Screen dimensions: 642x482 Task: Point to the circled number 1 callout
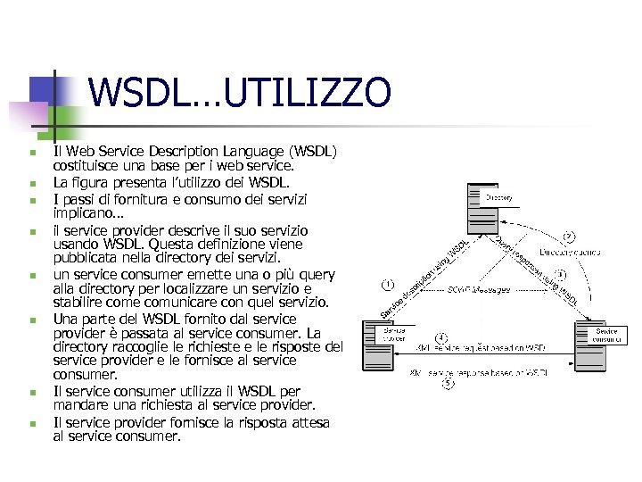pos(388,285)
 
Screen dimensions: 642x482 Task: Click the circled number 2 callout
pos(568,237)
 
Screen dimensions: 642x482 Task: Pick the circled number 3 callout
pos(560,274)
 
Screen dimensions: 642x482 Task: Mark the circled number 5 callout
pos(449,384)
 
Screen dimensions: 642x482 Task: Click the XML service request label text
pos(481,347)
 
